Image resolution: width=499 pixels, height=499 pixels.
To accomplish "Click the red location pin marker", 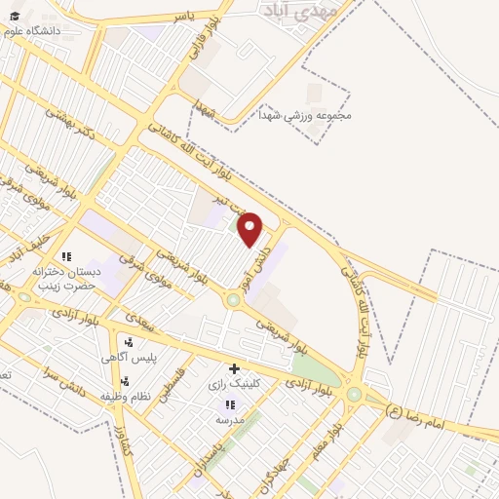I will pos(250,230).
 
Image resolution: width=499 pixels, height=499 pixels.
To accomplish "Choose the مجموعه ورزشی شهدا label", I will pos(305,115).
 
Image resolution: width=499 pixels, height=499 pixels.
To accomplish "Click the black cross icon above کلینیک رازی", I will pos(233,368).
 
